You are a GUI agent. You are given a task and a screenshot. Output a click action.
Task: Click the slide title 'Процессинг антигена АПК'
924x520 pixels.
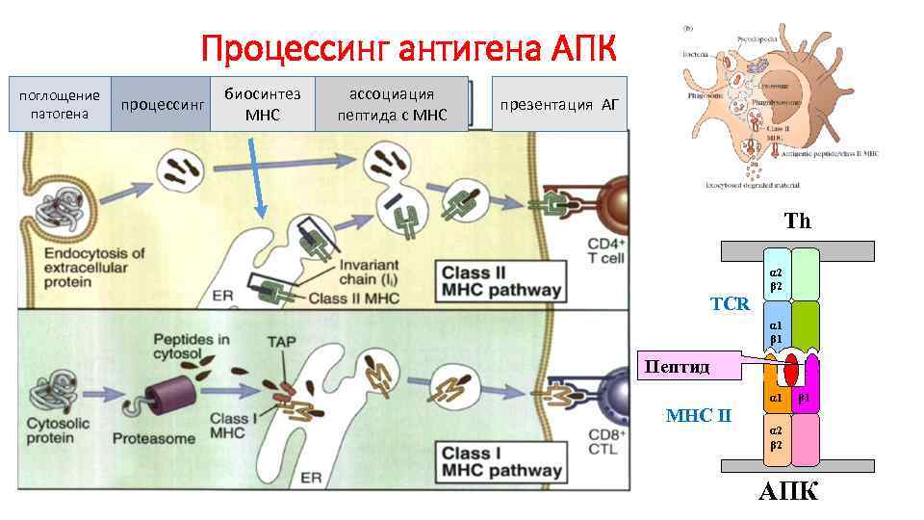click(x=406, y=49)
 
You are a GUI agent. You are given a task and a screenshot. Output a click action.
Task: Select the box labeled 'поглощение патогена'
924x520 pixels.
click(x=60, y=103)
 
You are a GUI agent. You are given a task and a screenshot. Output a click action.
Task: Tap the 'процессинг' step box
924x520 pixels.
click(x=160, y=103)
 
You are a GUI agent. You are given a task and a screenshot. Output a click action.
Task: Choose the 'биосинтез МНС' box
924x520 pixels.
click(x=263, y=103)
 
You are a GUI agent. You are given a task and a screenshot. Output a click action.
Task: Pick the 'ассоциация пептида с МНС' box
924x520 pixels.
click(x=392, y=103)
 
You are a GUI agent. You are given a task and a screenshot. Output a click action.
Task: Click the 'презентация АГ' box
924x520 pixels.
click(x=559, y=104)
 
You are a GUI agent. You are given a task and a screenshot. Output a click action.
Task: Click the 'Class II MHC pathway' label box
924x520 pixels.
click(x=500, y=280)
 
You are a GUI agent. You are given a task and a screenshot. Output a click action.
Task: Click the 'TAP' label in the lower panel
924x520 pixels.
click(x=281, y=342)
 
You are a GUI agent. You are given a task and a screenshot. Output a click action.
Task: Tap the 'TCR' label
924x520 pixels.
click(x=730, y=304)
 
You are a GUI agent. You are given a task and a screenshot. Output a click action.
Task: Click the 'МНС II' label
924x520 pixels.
click(x=699, y=416)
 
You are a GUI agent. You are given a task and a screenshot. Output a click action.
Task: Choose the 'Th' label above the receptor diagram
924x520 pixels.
click(x=797, y=221)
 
